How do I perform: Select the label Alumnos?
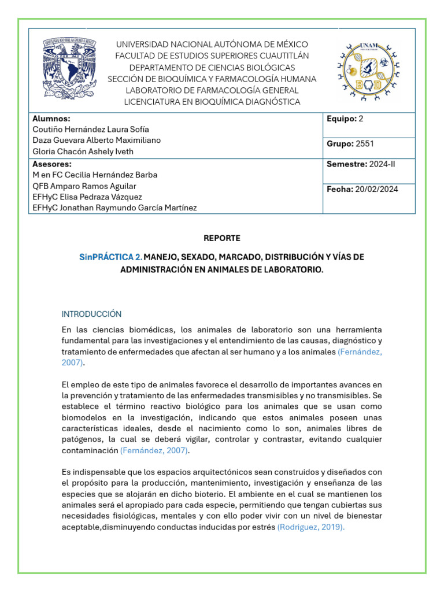51,119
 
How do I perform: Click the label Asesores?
52,164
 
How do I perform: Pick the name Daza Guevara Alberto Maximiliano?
97,140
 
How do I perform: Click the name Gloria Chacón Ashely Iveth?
83,151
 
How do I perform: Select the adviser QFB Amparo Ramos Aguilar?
84,186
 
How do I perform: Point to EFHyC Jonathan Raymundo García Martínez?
114,208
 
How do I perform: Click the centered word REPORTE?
222,238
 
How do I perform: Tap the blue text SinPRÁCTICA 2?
110,256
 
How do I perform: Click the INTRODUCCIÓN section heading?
91,314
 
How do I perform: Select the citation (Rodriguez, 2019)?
311,527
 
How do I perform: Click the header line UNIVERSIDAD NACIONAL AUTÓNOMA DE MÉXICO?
212,45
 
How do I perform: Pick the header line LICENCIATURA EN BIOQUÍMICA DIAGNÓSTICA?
212,102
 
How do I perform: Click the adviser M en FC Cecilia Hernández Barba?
95,175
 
